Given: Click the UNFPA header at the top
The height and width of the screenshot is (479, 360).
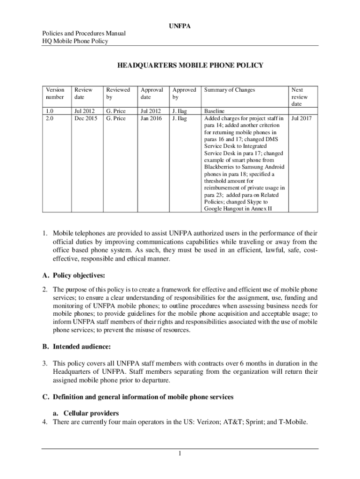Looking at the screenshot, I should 180,26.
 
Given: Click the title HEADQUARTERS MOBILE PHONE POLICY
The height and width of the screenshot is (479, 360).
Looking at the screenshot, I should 190,65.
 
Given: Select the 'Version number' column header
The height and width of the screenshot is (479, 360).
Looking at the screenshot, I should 55,93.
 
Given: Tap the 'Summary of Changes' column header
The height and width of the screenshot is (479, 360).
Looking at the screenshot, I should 230,89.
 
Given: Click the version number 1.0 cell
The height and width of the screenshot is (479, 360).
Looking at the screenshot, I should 50,111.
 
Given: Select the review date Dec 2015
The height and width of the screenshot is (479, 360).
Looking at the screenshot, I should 85,118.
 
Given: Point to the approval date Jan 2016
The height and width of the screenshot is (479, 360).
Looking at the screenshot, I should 151,118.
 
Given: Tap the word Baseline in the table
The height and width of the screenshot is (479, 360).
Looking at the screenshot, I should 215,111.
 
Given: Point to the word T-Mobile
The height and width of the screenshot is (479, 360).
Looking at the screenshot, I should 292,422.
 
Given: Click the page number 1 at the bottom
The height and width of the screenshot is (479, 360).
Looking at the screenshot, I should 180,453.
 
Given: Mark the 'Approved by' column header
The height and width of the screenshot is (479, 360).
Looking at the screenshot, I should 184,93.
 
